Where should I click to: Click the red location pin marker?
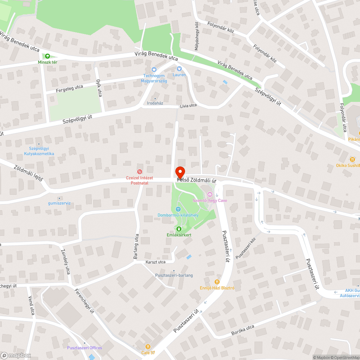(180, 172)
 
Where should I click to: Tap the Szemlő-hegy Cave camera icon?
(210, 194)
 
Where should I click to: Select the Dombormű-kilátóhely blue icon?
(178, 209)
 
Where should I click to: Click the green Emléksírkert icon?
(179, 229)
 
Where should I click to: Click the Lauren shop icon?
(179, 69)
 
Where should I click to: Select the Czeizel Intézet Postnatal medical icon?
(139, 172)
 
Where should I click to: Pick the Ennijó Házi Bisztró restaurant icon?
(217, 282)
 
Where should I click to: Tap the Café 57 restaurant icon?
(148, 346)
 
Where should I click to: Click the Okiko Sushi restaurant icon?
(352, 159)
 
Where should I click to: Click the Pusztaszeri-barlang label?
(174, 275)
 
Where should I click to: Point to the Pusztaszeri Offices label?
(84, 348)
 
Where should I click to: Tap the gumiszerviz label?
(59, 203)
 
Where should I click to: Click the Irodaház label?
(155, 103)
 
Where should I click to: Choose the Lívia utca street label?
(188, 105)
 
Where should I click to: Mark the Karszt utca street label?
(156, 262)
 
